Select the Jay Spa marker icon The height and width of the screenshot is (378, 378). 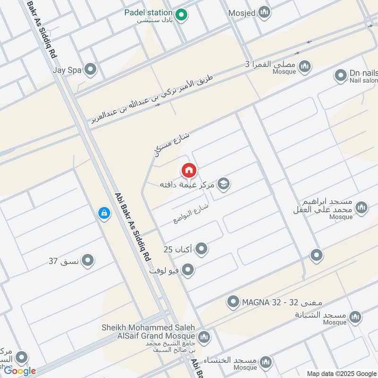(x=90, y=70)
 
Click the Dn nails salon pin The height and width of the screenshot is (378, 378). (x=340, y=75)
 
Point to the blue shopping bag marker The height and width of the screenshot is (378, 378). (x=103, y=214)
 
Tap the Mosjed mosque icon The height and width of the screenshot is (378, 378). (x=264, y=12)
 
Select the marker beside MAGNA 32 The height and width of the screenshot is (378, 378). (x=233, y=301)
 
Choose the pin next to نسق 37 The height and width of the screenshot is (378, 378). (x=87, y=260)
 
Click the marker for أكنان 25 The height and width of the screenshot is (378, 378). (x=202, y=249)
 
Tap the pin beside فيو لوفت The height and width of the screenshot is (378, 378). (x=188, y=270)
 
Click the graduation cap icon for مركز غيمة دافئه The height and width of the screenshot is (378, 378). (x=224, y=184)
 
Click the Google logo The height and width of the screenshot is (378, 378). (x=20, y=371)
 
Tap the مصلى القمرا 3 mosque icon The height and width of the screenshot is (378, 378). (x=306, y=65)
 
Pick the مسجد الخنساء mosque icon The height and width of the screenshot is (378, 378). (x=266, y=361)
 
